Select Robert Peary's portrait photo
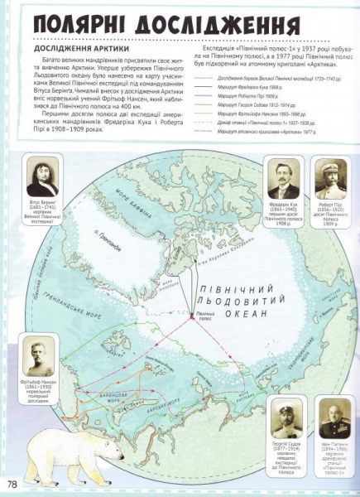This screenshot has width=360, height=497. pos(331,179)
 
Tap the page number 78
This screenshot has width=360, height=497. pos(13,483)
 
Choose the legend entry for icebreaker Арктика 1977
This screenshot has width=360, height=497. pos(253,133)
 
